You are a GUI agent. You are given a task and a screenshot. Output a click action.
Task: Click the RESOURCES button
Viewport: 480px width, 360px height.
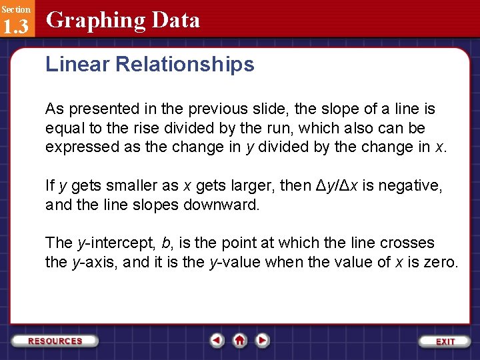(55, 341)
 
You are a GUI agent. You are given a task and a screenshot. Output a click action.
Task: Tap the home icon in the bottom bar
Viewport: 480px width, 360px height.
(239, 341)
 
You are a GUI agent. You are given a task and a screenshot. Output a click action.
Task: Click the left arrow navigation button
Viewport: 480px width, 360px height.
(217, 341)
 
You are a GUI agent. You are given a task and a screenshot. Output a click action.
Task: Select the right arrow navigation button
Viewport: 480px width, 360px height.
(263, 341)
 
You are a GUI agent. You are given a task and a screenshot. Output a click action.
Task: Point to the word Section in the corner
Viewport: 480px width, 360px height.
(15, 9)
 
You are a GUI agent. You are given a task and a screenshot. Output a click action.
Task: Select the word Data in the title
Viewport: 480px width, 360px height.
(176, 21)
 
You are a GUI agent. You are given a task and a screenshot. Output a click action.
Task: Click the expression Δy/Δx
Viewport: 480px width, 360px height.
(339, 185)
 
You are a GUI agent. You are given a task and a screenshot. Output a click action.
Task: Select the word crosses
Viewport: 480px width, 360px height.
(408, 243)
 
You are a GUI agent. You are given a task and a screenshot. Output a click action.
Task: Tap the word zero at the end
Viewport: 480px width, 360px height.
(441, 262)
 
